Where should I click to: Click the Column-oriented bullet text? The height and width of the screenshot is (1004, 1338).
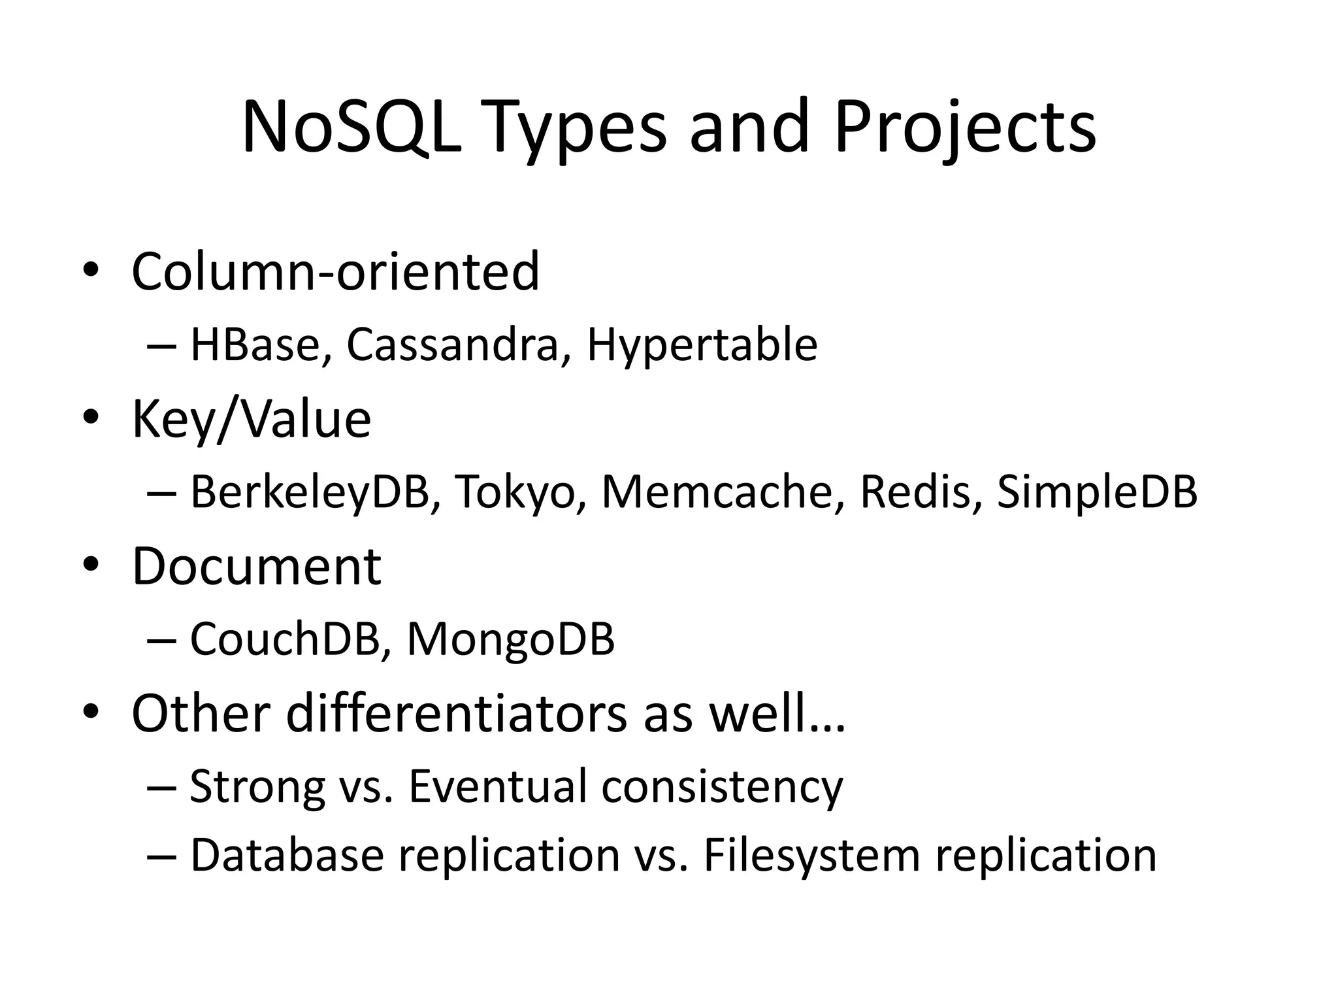335,271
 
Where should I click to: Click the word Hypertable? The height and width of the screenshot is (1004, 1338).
702,345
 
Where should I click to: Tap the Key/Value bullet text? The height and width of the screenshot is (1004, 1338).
252,419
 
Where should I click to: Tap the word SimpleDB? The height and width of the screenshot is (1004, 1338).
1098,492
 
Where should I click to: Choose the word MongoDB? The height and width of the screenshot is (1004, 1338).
510,639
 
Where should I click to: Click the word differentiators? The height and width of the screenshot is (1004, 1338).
456,713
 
